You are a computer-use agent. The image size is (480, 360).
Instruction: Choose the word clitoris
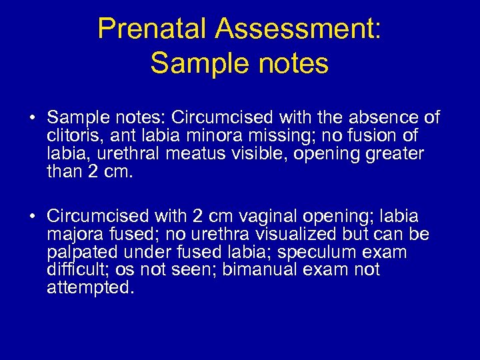[74, 136]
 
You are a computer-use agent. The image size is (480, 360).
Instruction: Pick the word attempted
[90, 288]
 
